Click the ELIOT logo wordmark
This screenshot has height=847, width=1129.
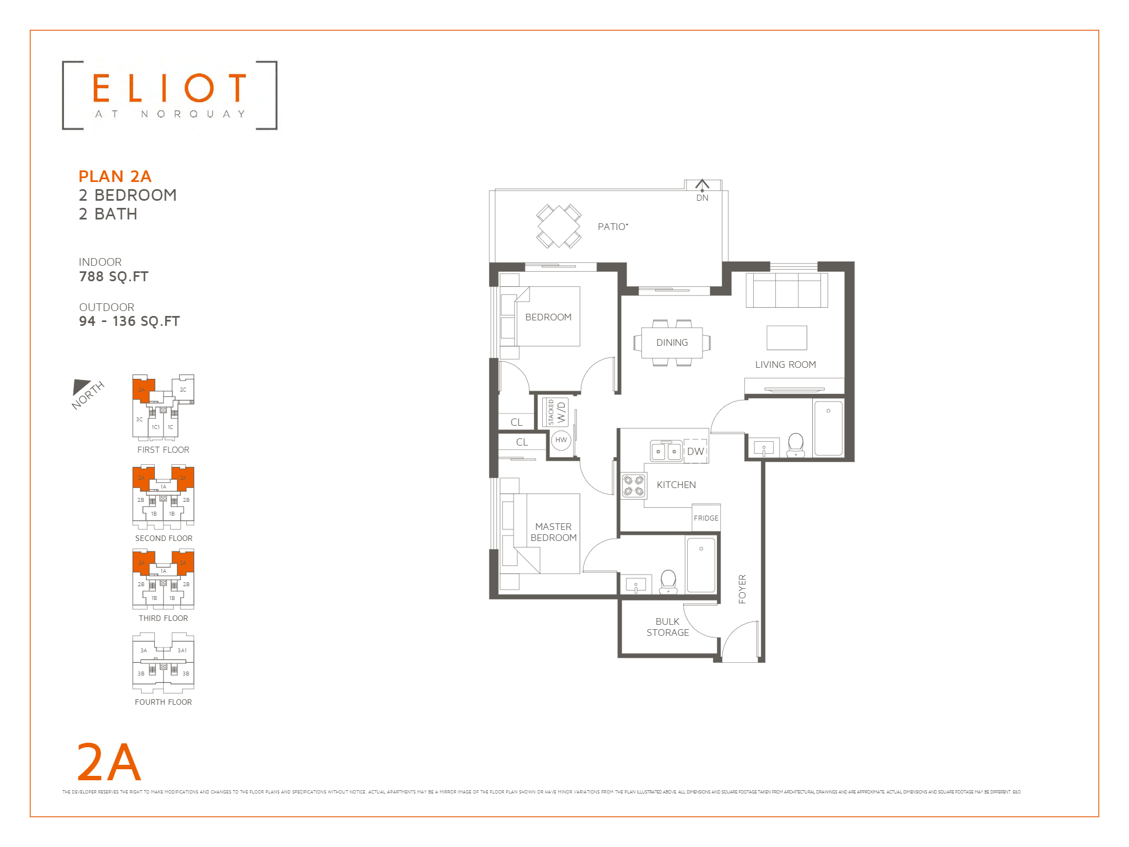tap(169, 88)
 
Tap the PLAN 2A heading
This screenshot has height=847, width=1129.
tap(115, 176)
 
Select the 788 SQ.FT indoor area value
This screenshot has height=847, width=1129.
tap(114, 277)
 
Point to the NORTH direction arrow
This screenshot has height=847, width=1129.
tap(82, 387)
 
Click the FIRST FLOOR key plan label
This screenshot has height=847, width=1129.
tap(163, 450)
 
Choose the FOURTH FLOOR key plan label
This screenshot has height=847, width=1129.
tap(163, 702)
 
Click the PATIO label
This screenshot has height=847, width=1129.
tap(612, 227)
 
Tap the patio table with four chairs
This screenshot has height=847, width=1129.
tap(559, 226)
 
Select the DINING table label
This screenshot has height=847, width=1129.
tap(672, 342)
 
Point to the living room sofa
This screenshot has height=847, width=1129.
tap(786, 290)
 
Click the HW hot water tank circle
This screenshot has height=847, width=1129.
tap(561, 440)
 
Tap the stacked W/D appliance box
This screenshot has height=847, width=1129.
tap(555, 412)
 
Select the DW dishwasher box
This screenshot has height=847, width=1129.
tap(695, 451)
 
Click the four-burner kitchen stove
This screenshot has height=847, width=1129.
tap(633, 486)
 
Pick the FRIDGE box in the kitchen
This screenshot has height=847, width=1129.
tap(706, 518)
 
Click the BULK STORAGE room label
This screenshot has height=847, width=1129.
tap(667, 627)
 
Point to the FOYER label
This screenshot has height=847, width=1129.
tap(742, 589)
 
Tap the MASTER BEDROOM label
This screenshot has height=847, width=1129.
tap(553, 532)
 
